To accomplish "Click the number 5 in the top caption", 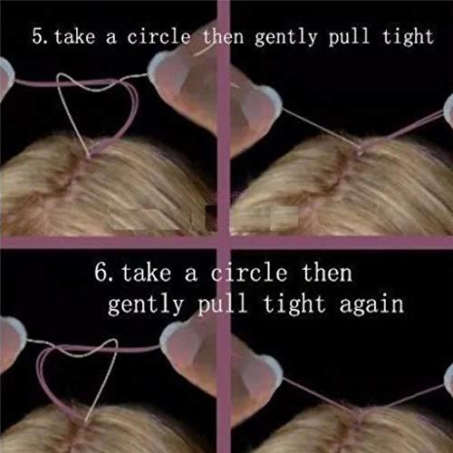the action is pyautogui.click(x=38, y=36).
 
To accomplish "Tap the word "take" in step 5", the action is pyautogui.click(x=74, y=36).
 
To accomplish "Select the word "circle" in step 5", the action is pyautogui.click(x=159, y=36).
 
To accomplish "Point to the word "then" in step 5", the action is pyautogui.click(x=223, y=36).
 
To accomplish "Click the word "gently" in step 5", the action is pyautogui.click(x=285, y=39).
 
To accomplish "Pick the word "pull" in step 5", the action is pyautogui.click(x=349, y=38).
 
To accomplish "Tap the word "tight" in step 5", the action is pyautogui.click(x=408, y=38).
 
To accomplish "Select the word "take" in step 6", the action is pyautogui.click(x=146, y=272).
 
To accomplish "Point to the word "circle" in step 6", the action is pyautogui.click(x=248, y=272).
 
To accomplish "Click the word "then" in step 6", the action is pyautogui.click(x=327, y=272).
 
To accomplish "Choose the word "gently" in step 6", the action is pyautogui.click(x=146, y=305).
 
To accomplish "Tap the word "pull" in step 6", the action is pyautogui.click(x=223, y=305).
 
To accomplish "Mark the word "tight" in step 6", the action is pyautogui.click(x=294, y=305).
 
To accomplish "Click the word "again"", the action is pyautogui.click(x=371, y=305).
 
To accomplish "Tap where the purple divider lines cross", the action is pyautogui.click(x=224, y=243).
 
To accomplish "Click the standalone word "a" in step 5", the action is pyautogui.click(x=111, y=38).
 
